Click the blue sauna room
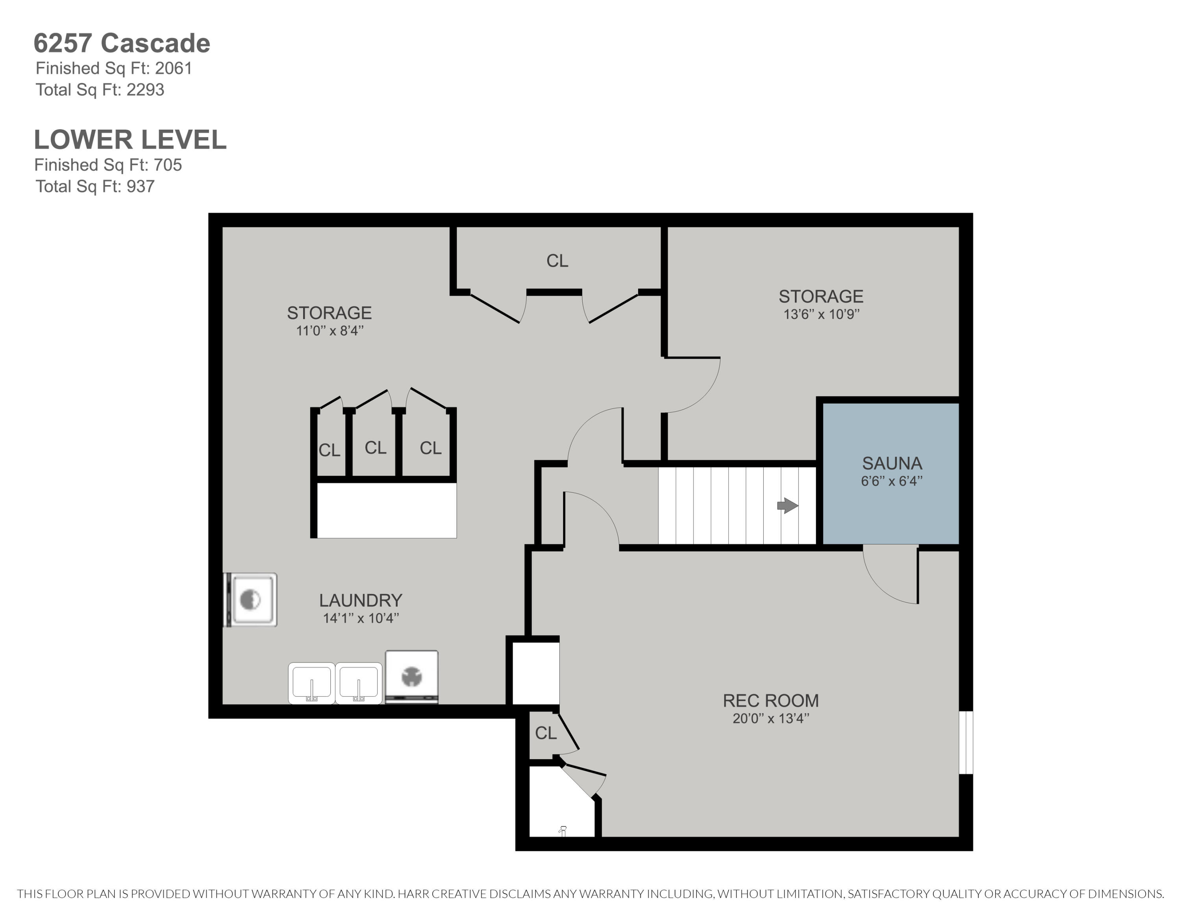click(890, 473)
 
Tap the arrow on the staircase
click(787, 506)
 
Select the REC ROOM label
click(770, 700)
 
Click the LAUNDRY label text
click(361, 600)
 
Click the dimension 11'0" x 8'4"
click(330, 330)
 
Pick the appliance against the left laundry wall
click(250, 600)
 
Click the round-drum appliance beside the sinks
click(411, 677)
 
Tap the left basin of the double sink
click(311, 683)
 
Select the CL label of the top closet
click(557, 261)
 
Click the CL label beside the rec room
click(546, 733)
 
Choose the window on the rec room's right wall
click(966, 742)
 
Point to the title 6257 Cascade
click(122, 43)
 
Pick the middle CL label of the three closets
click(375, 448)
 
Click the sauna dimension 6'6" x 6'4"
click(892, 481)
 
